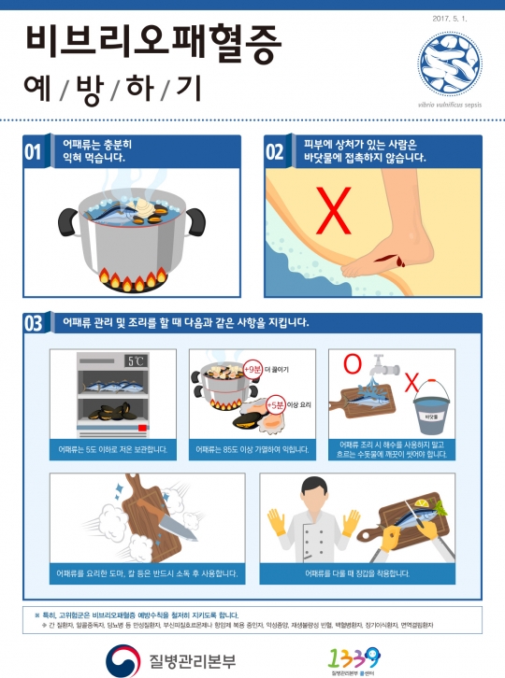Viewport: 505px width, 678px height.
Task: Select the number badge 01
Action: pos(33,151)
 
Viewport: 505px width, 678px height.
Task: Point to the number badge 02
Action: pos(276,151)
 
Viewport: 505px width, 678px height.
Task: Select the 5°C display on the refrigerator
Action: pos(137,360)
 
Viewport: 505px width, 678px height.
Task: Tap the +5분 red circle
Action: pos(275,404)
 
